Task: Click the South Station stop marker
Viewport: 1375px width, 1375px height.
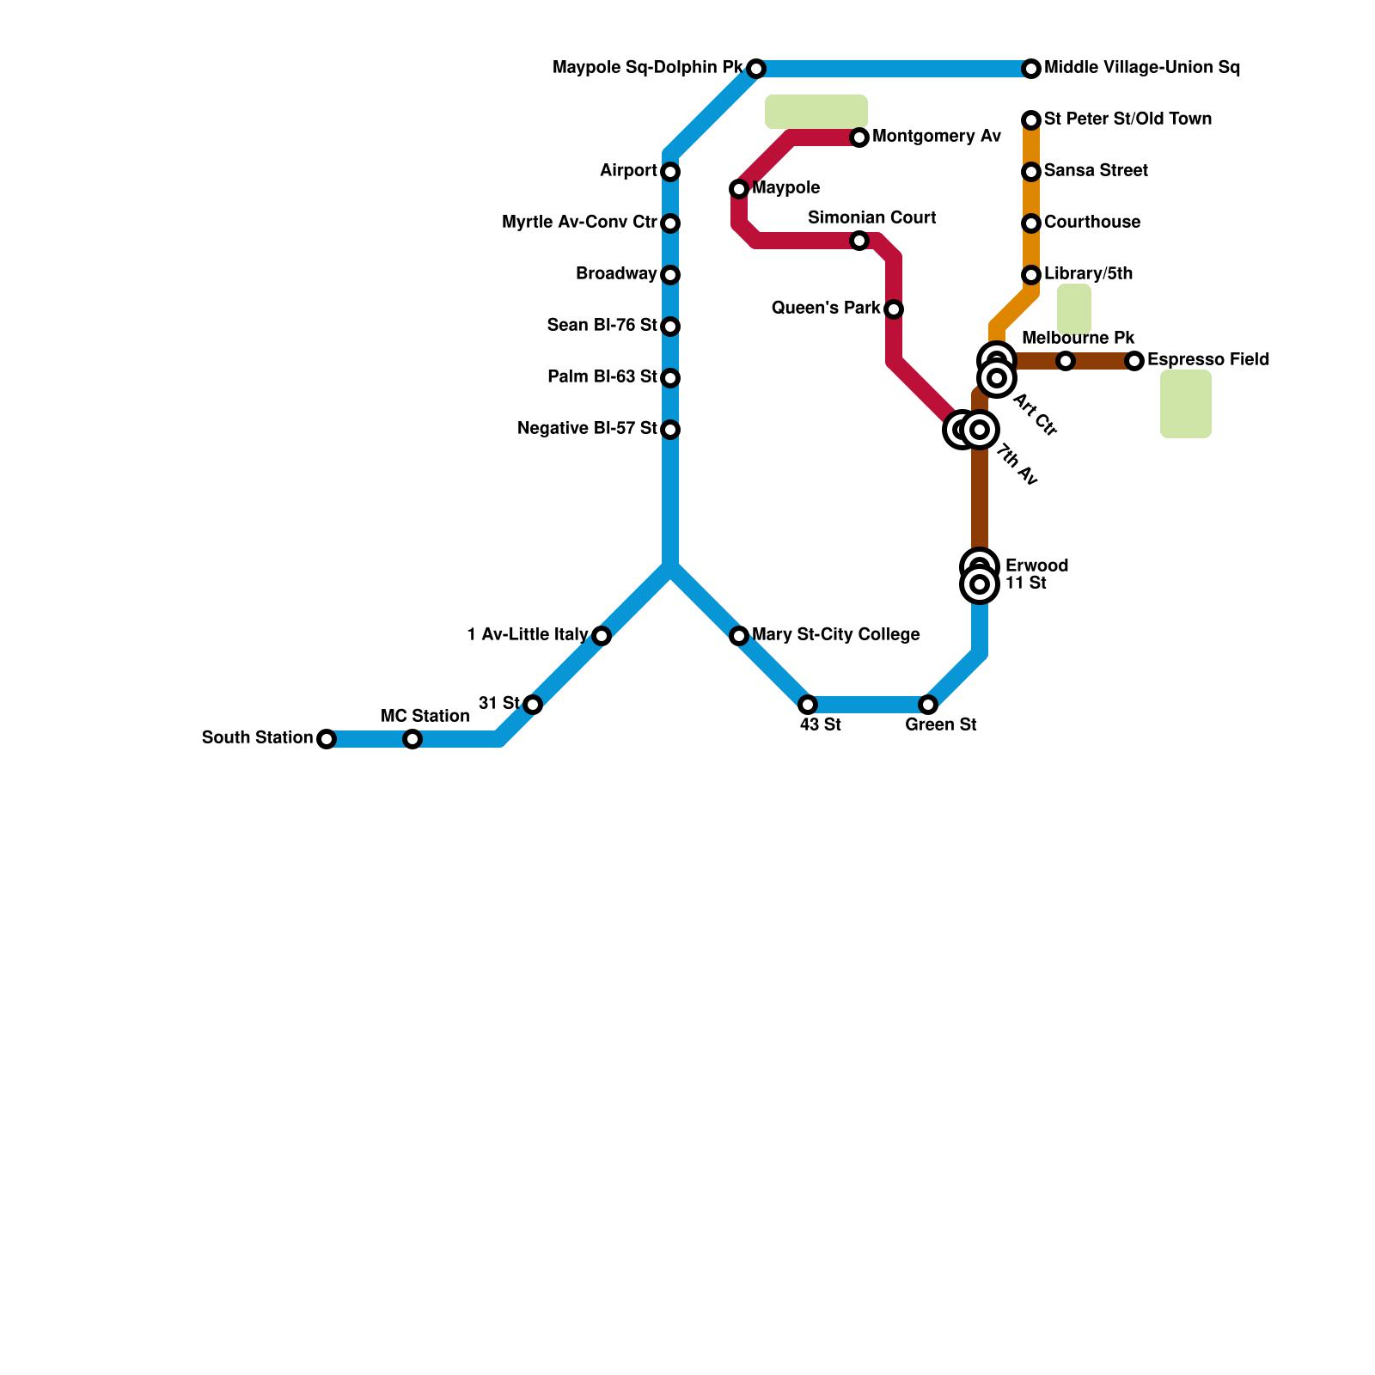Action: [327, 739]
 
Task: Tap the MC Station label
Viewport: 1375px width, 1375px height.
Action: [425, 717]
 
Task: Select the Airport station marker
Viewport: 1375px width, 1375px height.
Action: [670, 172]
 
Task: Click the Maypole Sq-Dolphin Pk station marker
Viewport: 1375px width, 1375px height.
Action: [756, 69]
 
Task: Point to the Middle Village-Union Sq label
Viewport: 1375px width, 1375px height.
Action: [1141, 68]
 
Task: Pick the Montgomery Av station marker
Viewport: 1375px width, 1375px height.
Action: [859, 137]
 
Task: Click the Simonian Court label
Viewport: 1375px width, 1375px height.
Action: [871, 218]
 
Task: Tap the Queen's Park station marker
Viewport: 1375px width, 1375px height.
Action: [894, 309]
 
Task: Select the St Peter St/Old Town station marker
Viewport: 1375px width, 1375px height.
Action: [1031, 120]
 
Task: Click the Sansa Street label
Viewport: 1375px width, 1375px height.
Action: [1096, 171]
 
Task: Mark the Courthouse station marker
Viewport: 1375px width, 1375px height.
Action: [1031, 223]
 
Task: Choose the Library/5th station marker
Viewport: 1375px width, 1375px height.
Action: [1031, 275]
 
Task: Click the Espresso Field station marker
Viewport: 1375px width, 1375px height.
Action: [1134, 361]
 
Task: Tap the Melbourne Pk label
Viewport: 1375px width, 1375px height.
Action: [1078, 339]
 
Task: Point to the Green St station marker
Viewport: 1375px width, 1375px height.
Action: [928, 705]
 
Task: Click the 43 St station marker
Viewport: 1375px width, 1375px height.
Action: [808, 705]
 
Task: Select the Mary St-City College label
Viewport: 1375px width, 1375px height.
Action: [835, 635]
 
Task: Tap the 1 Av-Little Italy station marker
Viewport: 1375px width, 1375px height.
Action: [602, 636]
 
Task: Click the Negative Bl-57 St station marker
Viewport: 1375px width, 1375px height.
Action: [670, 430]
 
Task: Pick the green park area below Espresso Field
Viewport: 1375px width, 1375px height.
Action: [1186, 404]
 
